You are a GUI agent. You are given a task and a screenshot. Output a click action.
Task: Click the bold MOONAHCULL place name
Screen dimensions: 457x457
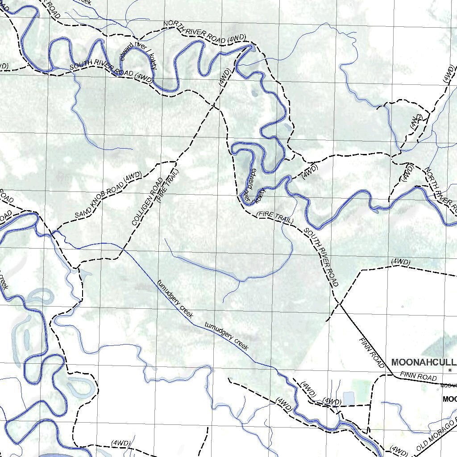coord(424,362)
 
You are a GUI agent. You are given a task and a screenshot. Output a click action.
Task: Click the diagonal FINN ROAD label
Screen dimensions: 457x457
coord(371,353)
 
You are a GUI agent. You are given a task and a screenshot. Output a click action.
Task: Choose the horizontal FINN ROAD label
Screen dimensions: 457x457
coord(418,376)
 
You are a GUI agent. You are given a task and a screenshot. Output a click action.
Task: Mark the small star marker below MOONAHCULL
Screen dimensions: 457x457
coord(450,370)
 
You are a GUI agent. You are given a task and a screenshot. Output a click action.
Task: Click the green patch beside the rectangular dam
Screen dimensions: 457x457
coord(361,387)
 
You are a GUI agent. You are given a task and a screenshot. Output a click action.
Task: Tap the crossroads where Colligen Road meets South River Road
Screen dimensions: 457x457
coord(215,106)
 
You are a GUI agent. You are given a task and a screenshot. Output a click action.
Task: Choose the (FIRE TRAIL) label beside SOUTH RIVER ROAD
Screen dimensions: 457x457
coord(275,218)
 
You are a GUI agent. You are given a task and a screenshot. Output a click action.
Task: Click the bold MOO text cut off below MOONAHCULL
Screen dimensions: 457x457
coord(449,399)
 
